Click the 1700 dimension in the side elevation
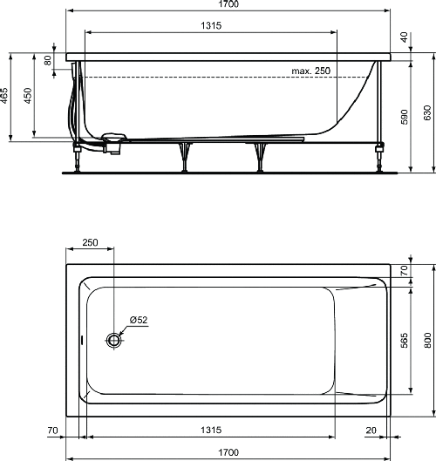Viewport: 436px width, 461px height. tap(229, 5)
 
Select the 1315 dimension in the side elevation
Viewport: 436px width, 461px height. tap(210, 26)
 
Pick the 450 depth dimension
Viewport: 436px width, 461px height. tap(27, 95)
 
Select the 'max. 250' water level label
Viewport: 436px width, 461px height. tap(313, 71)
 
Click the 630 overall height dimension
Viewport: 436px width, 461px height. tap(426, 113)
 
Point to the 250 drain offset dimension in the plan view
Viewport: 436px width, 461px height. tap(90, 243)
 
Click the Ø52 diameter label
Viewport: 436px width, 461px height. tap(140, 321)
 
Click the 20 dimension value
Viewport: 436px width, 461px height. tap(371, 430)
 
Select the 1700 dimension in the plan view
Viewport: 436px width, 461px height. tap(229, 452)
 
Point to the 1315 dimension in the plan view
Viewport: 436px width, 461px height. tap(212, 430)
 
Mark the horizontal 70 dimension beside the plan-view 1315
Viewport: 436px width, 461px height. tap(52, 430)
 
